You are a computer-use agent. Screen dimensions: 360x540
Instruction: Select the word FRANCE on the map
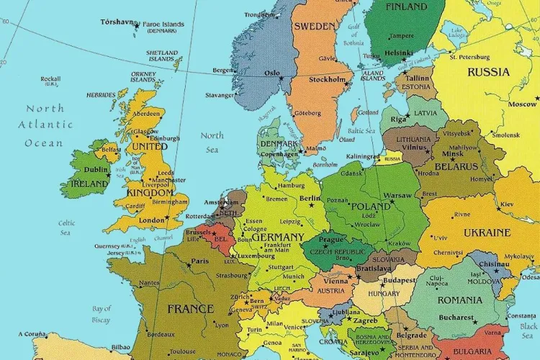[x=191, y=309]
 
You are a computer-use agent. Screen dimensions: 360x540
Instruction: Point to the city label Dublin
[x=96, y=170]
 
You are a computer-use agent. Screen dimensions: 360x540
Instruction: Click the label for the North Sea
[x=212, y=142]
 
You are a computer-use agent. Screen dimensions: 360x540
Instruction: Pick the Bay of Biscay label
[x=102, y=314]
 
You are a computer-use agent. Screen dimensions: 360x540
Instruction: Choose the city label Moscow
[x=522, y=104]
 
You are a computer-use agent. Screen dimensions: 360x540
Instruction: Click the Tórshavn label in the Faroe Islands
[x=117, y=22]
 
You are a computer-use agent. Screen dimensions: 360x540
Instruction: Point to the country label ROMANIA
[x=459, y=300]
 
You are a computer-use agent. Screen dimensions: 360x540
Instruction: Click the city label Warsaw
[x=397, y=195]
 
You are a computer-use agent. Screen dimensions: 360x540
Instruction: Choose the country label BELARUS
[x=456, y=166]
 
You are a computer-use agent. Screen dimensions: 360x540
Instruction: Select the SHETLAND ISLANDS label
[x=162, y=55]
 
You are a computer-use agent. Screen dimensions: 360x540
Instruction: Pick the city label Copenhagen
[x=279, y=154]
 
